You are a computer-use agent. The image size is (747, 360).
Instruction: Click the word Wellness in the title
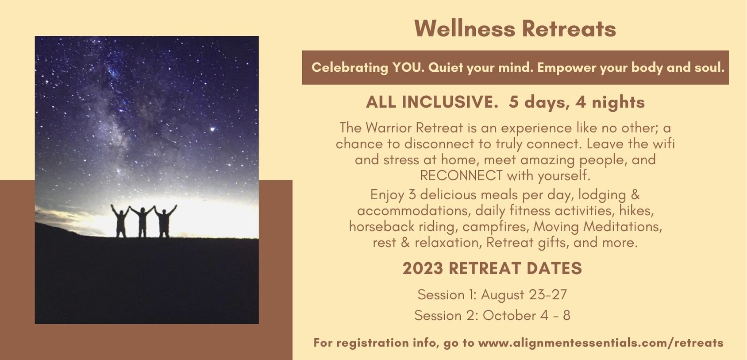[465, 28]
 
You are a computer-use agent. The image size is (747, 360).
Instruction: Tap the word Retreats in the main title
[569, 28]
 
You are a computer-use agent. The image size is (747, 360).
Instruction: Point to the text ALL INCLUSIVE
[432, 102]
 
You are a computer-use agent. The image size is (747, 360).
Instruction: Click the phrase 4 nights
[610, 102]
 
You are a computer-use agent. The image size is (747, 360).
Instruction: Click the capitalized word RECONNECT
[461, 175]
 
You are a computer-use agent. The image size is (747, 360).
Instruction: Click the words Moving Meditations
[597, 227]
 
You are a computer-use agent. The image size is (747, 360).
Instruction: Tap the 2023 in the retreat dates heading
[423, 268]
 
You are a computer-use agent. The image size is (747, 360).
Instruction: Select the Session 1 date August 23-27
[524, 295]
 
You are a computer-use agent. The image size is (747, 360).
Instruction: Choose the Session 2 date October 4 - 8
[527, 315]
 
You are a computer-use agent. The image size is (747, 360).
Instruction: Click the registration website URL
[601, 343]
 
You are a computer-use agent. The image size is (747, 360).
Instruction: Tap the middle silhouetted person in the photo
[142, 222]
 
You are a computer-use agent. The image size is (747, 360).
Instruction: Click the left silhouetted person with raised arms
[120, 221]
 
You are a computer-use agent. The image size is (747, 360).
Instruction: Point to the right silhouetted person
[165, 221]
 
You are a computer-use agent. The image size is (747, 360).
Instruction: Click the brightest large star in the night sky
[212, 129]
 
